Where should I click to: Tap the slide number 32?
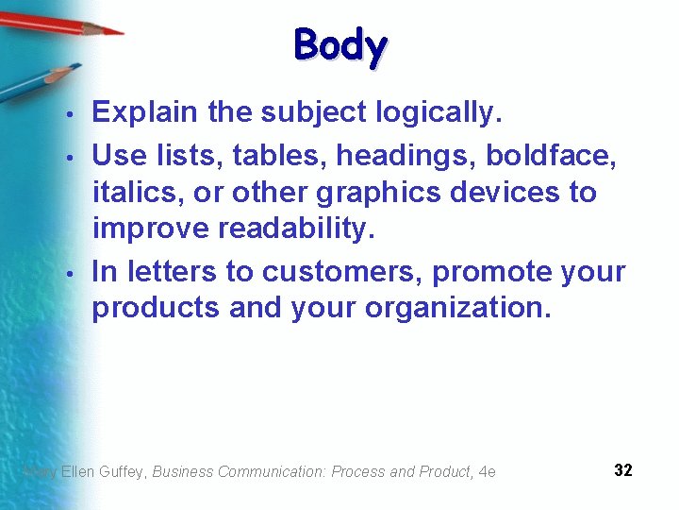[x=622, y=470]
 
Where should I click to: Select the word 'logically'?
[x=435, y=113]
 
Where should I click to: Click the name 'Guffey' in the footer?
[x=122, y=471]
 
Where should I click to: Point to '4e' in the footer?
[x=487, y=471]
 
